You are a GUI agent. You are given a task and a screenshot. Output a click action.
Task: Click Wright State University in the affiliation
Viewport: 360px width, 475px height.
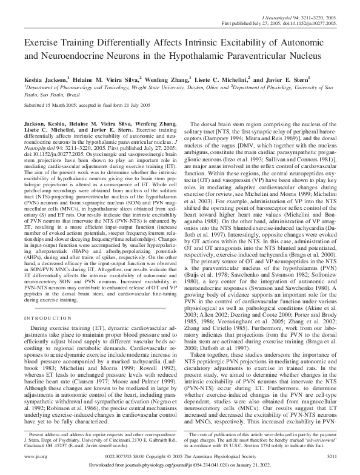pyautogui.click(x=136, y=88)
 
